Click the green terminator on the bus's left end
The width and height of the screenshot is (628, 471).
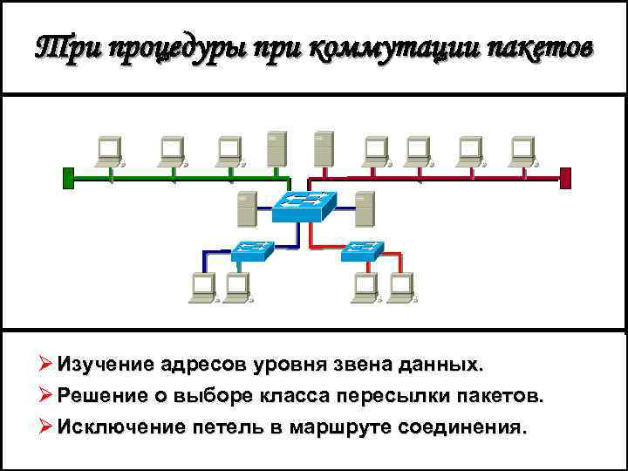coord(68,177)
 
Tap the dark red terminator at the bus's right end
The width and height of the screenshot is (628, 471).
coord(565,177)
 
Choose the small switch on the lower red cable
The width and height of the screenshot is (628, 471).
coord(361,251)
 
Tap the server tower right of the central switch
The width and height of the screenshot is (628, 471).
coord(364,210)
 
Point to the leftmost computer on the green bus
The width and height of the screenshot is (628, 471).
coord(110,152)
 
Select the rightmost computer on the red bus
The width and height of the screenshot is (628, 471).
coord(523,152)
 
